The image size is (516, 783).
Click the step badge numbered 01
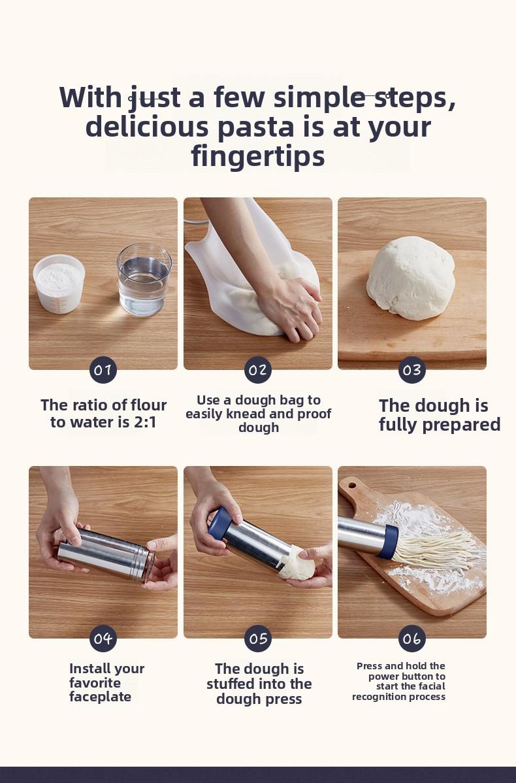click(x=103, y=370)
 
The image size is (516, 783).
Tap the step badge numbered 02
click(x=258, y=370)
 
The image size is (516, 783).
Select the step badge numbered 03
click(x=412, y=370)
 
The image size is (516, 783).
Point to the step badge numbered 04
click(x=103, y=638)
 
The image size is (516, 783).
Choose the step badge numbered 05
click(x=258, y=638)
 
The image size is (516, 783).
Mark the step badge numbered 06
click(x=412, y=638)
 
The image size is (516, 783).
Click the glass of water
click(x=144, y=280)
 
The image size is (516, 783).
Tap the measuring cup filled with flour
click(x=59, y=284)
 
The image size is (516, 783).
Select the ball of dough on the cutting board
click(x=411, y=278)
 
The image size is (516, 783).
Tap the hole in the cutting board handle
click(x=352, y=484)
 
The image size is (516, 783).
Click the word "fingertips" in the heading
click(x=258, y=156)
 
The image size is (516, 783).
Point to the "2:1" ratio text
click(x=145, y=422)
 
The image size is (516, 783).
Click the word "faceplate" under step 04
click(x=100, y=697)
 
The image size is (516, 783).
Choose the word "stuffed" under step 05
click(x=232, y=684)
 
